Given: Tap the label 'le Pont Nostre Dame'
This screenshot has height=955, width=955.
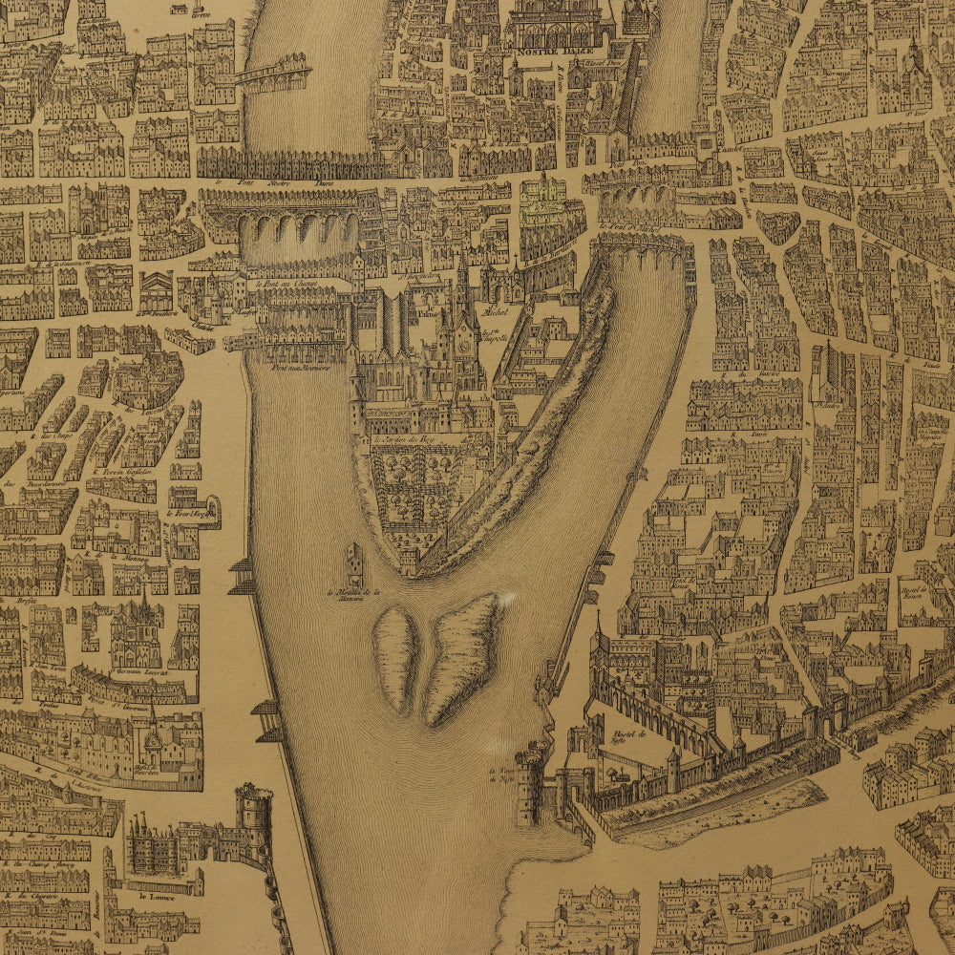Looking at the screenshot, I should tap(247, 181).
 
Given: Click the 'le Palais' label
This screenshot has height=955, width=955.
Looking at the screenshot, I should tap(424, 309).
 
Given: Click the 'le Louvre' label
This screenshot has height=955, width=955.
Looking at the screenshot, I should tap(153, 896).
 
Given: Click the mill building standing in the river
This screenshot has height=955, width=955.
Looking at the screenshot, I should tap(355, 563).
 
